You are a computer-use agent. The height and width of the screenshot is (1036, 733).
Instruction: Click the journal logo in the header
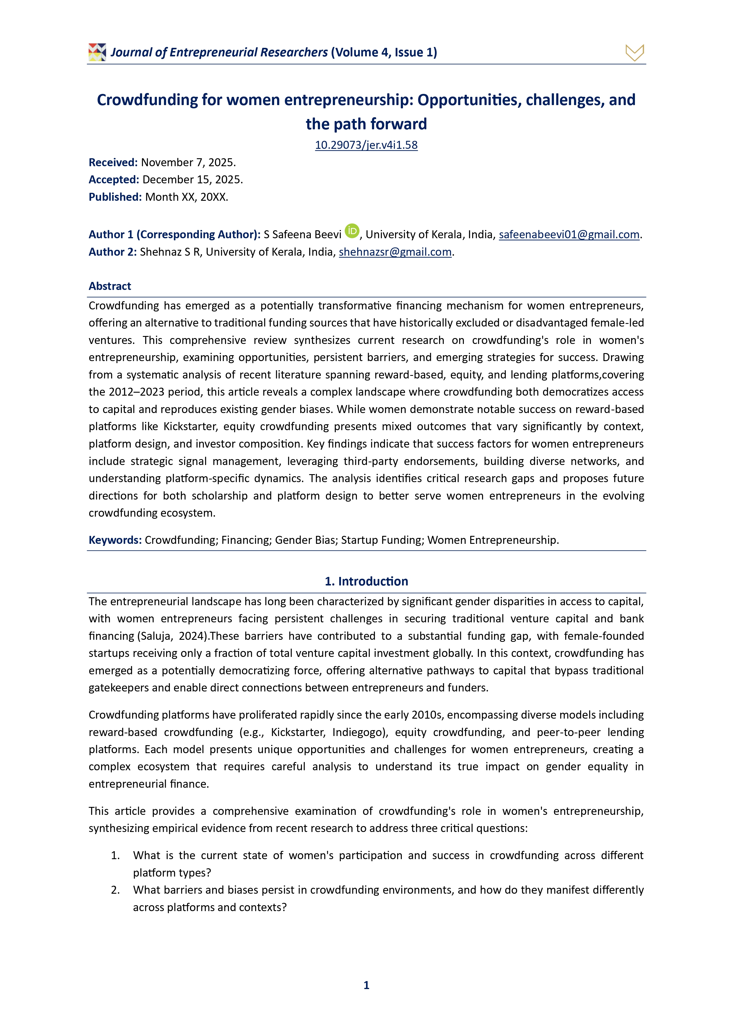pyautogui.click(x=97, y=52)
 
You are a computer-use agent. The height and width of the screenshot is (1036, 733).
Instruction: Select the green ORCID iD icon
pyautogui.click(x=352, y=231)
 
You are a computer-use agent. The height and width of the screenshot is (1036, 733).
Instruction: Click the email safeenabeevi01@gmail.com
pyautogui.click(x=569, y=235)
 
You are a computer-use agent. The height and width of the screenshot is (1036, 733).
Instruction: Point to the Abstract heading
pyautogui.click(x=110, y=286)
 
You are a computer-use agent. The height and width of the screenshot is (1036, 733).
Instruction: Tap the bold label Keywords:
pyautogui.click(x=115, y=540)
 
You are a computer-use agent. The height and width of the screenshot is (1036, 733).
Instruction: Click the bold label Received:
pyautogui.click(x=113, y=162)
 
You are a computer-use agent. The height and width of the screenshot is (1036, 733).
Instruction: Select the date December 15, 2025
pyautogui.click(x=192, y=180)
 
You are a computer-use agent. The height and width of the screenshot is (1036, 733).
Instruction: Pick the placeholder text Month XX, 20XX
pyautogui.click(x=186, y=197)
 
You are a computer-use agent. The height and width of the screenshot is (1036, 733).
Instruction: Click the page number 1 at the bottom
pyautogui.click(x=366, y=985)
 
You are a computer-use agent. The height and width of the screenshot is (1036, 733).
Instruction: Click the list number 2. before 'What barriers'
pyautogui.click(x=115, y=890)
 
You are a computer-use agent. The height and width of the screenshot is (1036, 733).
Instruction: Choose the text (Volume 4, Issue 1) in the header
pyautogui.click(x=384, y=52)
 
